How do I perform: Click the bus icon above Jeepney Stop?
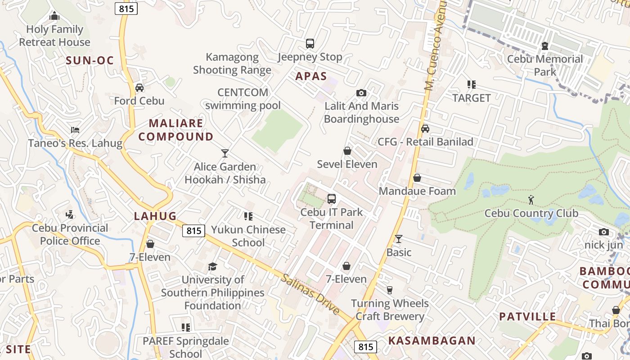pyautogui.click(x=310, y=44)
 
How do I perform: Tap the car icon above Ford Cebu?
pyautogui.click(x=139, y=87)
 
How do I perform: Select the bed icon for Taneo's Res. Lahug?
pyautogui.click(x=75, y=130)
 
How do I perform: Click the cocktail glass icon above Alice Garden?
pyautogui.click(x=225, y=153)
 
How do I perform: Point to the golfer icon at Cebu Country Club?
pyautogui.click(x=531, y=199)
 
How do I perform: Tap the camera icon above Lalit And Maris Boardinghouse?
pyautogui.click(x=361, y=93)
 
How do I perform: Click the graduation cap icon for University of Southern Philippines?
pyautogui.click(x=212, y=266)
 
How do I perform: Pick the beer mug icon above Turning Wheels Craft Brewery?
pyautogui.click(x=390, y=290)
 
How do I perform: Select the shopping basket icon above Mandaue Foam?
pyautogui.click(x=417, y=178)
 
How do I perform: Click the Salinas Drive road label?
pyautogui.click(x=310, y=294)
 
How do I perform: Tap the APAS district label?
pyautogui.click(x=311, y=76)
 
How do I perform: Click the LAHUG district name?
pyautogui.click(x=155, y=216)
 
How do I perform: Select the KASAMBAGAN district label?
pyautogui.click(x=432, y=341)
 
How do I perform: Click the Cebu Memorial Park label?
pyautogui.click(x=545, y=65)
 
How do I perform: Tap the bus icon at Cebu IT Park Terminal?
pyautogui.click(x=332, y=198)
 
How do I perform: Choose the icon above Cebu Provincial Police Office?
pyautogui.click(x=70, y=215)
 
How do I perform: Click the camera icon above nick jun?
pyautogui.click(x=604, y=232)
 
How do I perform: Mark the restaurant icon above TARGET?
pyautogui.click(x=471, y=84)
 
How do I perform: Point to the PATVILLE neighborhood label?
pyautogui.click(x=527, y=316)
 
